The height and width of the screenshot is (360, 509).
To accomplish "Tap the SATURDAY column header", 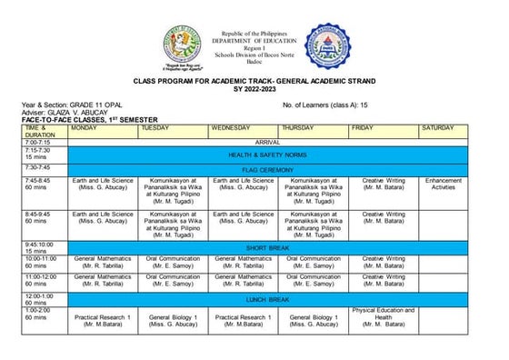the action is [443, 128].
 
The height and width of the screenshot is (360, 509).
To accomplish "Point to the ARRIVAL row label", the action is [267, 143].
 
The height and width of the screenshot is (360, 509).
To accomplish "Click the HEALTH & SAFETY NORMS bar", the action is [267, 155].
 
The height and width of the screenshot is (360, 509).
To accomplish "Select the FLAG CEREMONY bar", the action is [267, 169].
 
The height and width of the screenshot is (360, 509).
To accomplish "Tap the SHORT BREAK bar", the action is [267, 247].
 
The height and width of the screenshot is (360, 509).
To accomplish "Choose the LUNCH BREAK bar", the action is [267, 297].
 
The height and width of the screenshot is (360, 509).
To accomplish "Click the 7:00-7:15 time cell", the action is [45, 143].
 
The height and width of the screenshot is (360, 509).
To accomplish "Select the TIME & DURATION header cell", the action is [45, 131].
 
